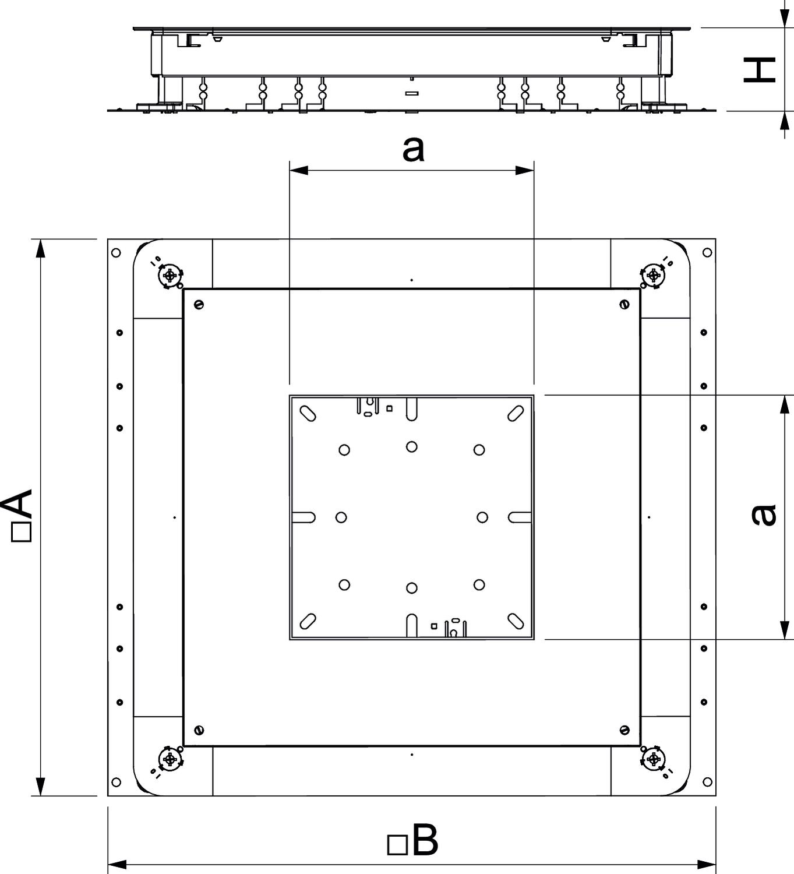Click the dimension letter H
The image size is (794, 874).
[759, 70]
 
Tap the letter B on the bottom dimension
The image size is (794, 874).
[425, 840]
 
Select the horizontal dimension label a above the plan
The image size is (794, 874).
[412, 149]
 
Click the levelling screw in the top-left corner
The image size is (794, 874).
[170, 275]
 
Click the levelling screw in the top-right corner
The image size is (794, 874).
[654, 275]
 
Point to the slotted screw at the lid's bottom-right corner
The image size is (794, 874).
[624, 729]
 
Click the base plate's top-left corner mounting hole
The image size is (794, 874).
[116, 252]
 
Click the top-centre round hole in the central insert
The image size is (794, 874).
[411, 446]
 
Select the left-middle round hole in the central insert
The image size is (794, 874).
[341, 517]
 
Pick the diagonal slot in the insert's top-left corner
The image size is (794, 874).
[308, 413]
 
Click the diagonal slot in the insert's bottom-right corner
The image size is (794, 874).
[516, 621]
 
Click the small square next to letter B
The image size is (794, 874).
[397, 845]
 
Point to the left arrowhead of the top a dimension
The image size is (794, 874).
[299, 170]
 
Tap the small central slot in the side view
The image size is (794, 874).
[412, 93]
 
